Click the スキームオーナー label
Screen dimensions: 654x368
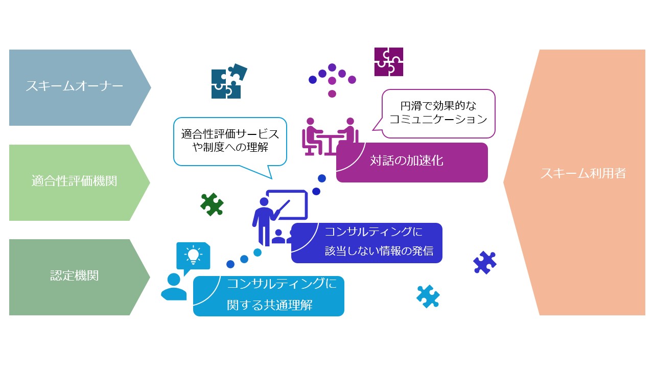pos(74,86)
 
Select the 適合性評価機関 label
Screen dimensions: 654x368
pos(74,181)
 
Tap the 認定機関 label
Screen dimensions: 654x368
pos(74,275)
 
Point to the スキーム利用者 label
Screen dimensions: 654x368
pos(583,173)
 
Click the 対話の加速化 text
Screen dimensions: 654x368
pos(406,160)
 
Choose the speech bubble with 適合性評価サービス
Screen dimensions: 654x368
pos(230,145)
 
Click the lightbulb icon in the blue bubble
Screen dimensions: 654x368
pos(193,255)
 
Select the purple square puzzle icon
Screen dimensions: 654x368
pos(389,62)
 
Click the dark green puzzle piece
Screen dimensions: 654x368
pos(212,204)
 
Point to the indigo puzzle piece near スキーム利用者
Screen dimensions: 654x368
pos(485,263)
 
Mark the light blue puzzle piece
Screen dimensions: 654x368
pos(428,296)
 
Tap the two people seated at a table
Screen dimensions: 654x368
pos(330,136)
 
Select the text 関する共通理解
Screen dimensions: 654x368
pos(269,305)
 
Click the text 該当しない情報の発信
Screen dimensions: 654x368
pos(379,251)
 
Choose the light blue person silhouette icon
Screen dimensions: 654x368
pos(174,287)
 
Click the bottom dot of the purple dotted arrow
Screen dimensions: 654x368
pos(332,94)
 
